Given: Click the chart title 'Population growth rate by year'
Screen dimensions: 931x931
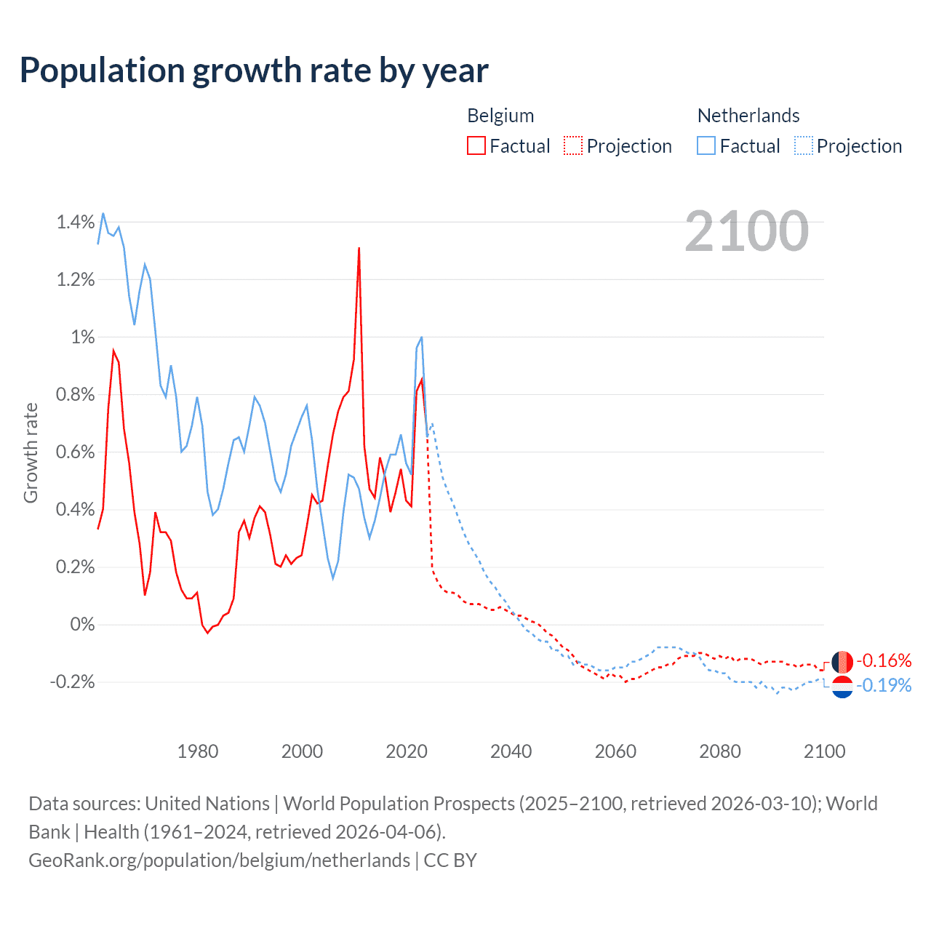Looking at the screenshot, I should pyautogui.click(x=254, y=71).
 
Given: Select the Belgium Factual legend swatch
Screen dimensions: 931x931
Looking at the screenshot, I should pyautogui.click(x=476, y=145).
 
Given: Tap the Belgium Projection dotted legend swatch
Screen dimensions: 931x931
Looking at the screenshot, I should pyautogui.click(x=573, y=145).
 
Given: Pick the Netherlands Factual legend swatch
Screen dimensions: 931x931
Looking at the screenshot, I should pyautogui.click(x=706, y=145).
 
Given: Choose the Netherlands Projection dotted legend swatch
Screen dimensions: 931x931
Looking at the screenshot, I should pyautogui.click(x=804, y=145).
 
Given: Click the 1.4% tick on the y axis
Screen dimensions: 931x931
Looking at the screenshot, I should pyautogui.click(x=76, y=223).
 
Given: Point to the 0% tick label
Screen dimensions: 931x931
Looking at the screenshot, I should pyautogui.click(x=82, y=625).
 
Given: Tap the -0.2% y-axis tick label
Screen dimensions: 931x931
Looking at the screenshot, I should pyautogui.click(x=72, y=682).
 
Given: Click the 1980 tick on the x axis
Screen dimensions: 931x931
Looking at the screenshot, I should pyautogui.click(x=198, y=751).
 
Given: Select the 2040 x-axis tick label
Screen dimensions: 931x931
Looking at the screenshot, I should pyautogui.click(x=511, y=751).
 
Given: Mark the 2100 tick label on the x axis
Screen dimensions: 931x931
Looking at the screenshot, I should pyautogui.click(x=824, y=751).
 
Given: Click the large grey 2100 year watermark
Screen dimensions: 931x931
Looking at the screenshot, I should pyautogui.click(x=746, y=231).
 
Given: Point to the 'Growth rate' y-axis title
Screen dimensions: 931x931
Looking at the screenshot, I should pyautogui.click(x=31, y=452).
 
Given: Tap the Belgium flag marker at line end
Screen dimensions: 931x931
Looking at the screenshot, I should pyautogui.click(x=842, y=662).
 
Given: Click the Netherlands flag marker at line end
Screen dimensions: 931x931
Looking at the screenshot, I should pyautogui.click(x=842, y=687).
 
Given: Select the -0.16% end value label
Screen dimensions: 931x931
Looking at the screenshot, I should pyautogui.click(x=884, y=660).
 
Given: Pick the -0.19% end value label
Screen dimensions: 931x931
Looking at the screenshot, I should pyautogui.click(x=884, y=685).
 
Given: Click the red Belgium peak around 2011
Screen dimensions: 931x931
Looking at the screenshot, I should pyautogui.click(x=359, y=249).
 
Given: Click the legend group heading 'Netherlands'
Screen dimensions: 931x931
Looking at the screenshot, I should pyautogui.click(x=748, y=116).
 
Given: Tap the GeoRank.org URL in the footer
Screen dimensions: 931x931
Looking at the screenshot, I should pyautogui.click(x=219, y=860).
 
